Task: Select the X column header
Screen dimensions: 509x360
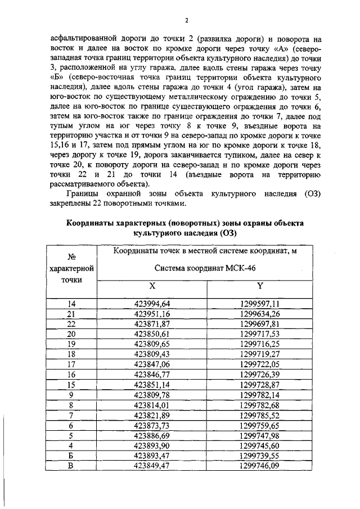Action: (152, 286)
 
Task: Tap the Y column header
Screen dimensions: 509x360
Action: (260, 286)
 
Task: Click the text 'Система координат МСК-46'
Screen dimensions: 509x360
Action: (205, 268)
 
